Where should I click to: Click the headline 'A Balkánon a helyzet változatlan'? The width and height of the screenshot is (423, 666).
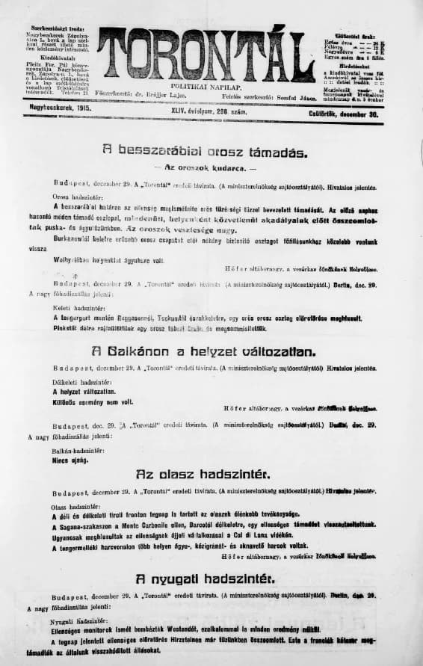click(x=204, y=351)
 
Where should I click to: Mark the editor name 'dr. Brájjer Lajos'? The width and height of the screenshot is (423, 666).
click(x=172, y=96)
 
